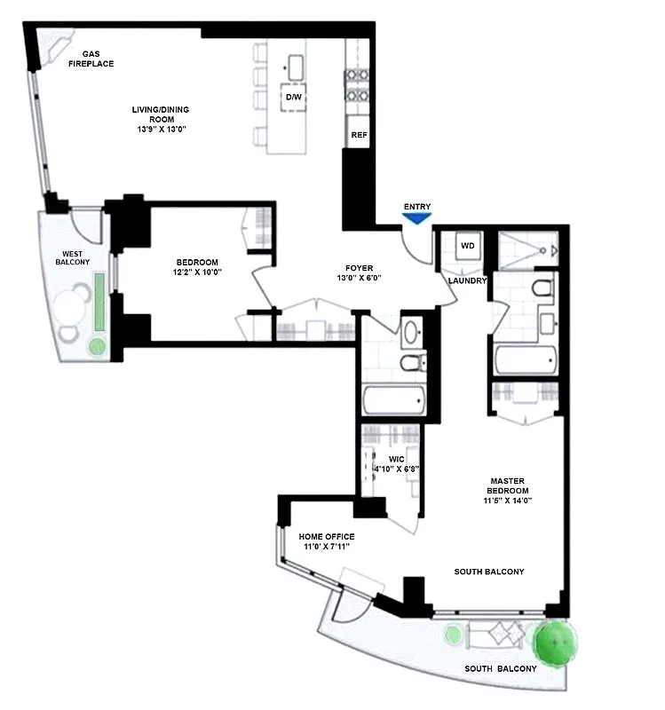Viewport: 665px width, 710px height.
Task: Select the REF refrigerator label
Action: pos(359,136)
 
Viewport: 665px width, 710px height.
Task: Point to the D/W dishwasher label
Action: pos(293,96)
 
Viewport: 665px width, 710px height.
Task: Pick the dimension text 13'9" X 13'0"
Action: pos(161,130)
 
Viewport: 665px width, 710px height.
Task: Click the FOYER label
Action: pos(360,268)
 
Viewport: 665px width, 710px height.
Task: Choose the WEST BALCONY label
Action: pos(73,257)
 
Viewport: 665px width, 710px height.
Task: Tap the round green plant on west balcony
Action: pos(97,346)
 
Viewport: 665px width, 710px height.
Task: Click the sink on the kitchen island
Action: pos(295,67)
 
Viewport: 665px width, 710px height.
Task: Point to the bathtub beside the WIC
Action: pos(396,398)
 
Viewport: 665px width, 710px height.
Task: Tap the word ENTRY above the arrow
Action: pos(417,206)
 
